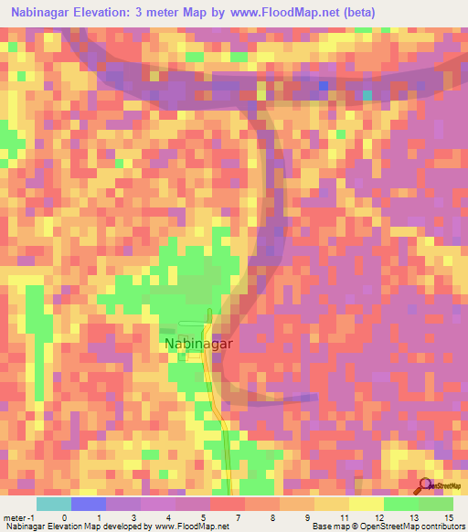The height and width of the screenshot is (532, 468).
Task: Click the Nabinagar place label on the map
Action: tap(200, 344)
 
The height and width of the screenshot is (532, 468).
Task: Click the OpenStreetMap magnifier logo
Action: tap(426, 486)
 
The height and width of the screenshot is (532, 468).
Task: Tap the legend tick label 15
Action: tap(448, 517)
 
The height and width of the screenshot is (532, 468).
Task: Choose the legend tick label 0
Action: tap(64, 517)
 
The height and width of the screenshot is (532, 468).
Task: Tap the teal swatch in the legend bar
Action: tap(54, 504)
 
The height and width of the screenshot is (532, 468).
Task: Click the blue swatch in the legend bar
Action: tap(89, 504)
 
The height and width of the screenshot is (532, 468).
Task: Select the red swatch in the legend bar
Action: tap(228, 504)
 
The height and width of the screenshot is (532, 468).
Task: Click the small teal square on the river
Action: tap(367, 94)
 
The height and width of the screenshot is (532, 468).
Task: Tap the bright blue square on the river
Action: tap(323, 87)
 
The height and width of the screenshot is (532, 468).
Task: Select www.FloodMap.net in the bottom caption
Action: tap(191, 527)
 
